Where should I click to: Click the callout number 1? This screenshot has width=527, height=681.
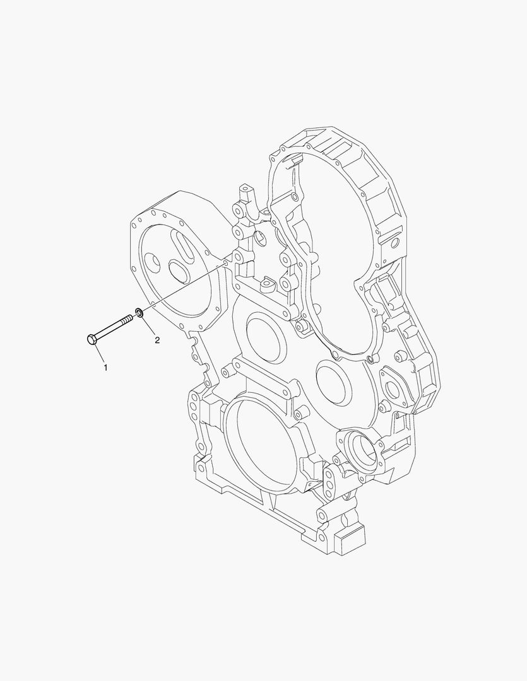105,366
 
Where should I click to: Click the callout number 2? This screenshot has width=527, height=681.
157,340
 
